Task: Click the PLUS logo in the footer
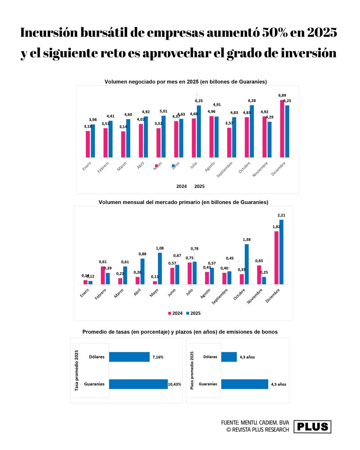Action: point(312,427)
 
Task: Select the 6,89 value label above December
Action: point(282,96)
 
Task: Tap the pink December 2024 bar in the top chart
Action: point(282,129)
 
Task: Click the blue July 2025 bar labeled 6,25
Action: point(199,131)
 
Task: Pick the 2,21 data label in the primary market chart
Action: point(281,215)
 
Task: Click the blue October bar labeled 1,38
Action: point(246,264)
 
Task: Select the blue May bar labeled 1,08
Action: point(160,268)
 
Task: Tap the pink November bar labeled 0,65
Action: point(259,274)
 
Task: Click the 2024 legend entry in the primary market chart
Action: point(175,313)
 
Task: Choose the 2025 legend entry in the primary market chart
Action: point(193,313)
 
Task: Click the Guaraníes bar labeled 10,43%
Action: point(138,384)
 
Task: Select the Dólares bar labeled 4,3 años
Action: point(229,357)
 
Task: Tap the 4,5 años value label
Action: point(278,384)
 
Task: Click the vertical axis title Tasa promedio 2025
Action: point(77,370)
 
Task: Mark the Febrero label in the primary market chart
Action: point(100,294)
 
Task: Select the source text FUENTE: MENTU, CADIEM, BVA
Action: point(255,423)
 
